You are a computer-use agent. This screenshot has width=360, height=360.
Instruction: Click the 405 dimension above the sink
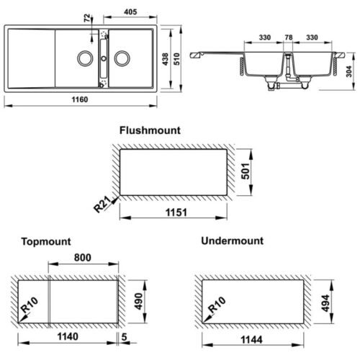131,12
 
